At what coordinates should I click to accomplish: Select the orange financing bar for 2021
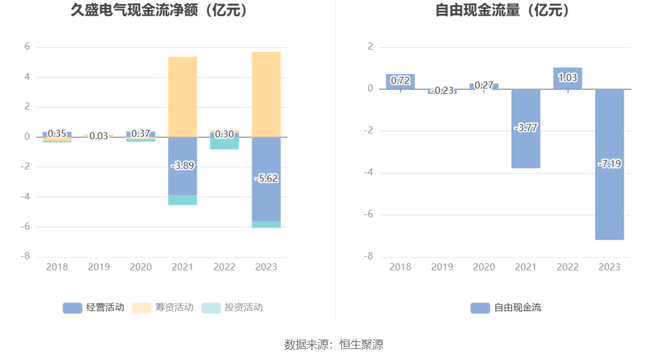(x=182, y=97)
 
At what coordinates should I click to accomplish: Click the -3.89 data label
(x=182, y=166)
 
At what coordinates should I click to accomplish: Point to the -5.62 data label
(x=266, y=179)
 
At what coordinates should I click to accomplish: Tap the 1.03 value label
(x=567, y=77)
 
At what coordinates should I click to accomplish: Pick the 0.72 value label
(x=400, y=81)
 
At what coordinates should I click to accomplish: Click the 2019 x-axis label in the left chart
(x=98, y=267)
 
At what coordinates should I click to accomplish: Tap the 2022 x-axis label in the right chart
(x=567, y=267)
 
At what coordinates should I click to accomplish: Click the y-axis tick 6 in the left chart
(x=27, y=47)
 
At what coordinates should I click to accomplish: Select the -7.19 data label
(x=609, y=164)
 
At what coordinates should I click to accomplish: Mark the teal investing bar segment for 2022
(x=224, y=143)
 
